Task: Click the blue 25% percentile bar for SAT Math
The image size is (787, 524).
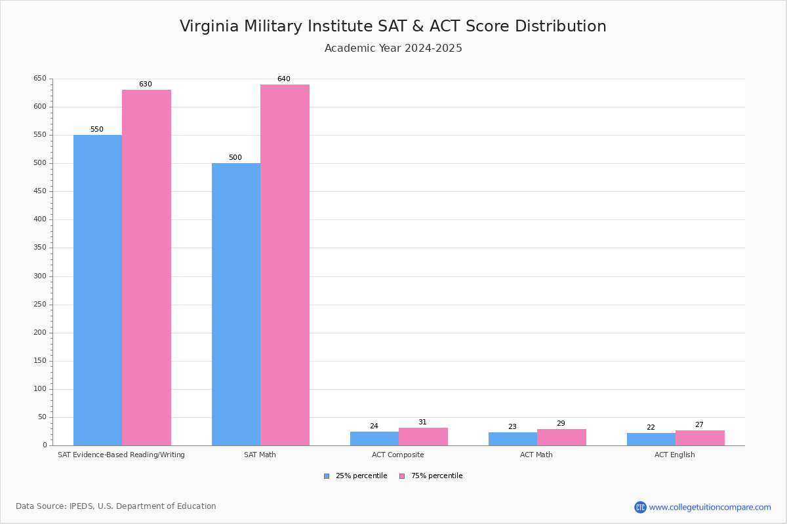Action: pyautogui.click(x=236, y=304)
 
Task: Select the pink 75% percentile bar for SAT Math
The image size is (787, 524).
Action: pyautogui.click(x=285, y=265)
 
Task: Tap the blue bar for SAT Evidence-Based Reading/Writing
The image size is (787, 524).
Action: pyautogui.click(x=98, y=290)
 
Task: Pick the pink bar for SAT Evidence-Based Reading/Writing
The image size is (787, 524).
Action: pyautogui.click(x=146, y=267)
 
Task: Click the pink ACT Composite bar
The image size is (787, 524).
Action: pyautogui.click(x=423, y=437)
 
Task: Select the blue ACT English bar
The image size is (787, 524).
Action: pyautogui.click(x=651, y=440)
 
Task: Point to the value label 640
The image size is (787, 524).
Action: pyautogui.click(x=283, y=79)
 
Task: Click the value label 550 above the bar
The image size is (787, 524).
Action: pyautogui.click(x=97, y=130)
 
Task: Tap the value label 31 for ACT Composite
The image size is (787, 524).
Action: pyautogui.click(x=422, y=422)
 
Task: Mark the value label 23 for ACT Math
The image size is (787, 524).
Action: pyautogui.click(x=512, y=427)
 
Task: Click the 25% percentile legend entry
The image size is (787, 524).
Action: pyautogui.click(x=355, y=476)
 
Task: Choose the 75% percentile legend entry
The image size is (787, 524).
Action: pyautogui.click(x=431, y=476)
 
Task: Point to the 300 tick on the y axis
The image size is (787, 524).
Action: pyautogui.click(x=40, y=276)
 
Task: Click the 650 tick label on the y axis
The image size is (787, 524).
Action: pyautogui.click(x=40, y=79)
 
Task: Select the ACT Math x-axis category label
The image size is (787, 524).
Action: pyautogui.click(x=536, y=455)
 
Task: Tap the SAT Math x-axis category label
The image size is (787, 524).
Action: pyautogui.click(x=260, y=455)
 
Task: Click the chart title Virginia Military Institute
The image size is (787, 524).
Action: pyautogui.click(x=393, y=26)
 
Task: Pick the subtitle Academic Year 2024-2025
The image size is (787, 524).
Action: pyautogui.click(x=393, y=48)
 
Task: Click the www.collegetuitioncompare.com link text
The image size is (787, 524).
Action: pyautogui.click(x=710, y=507)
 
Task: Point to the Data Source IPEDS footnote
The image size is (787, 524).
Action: pyautogui.click(x=116, y=506)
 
